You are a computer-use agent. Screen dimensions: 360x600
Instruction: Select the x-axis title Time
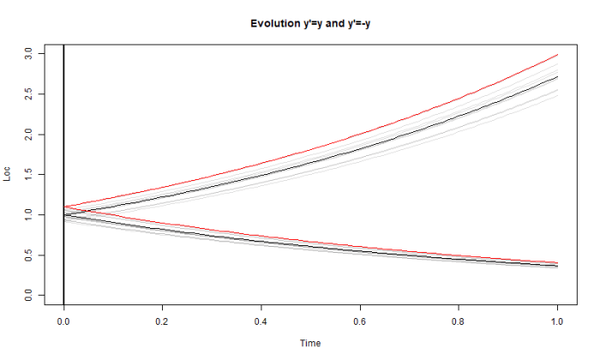310,343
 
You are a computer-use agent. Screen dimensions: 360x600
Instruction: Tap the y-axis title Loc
9,175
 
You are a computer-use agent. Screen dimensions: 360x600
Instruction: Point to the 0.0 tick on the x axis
63,321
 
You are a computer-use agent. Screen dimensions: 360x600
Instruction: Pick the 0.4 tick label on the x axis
261,321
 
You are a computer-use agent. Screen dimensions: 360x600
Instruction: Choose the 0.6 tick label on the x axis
360,321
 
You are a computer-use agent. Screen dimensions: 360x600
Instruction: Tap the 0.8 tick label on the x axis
459,321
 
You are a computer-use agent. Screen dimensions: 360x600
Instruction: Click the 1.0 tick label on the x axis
558,321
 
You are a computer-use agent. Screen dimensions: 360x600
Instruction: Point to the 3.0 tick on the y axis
28,54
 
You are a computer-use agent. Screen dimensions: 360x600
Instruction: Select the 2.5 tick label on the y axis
28,94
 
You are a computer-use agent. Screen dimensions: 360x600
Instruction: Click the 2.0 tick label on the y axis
28,135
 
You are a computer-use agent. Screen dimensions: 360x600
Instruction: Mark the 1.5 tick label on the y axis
28,175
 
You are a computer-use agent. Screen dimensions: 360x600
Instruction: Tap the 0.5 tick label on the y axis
28,255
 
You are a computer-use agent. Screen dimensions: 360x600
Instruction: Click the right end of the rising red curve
558,55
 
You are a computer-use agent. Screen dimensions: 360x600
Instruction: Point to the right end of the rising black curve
558,77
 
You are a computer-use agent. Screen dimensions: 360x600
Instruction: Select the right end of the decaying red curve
558,262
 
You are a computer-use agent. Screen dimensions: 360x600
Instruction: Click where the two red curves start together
64,207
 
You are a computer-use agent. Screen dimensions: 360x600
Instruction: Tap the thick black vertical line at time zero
63,129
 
